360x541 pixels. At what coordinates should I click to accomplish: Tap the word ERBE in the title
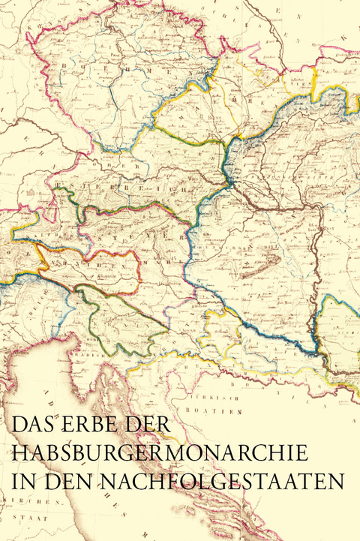85,424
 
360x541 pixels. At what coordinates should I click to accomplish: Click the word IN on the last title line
22,481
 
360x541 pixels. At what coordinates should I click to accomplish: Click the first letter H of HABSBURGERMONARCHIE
19,452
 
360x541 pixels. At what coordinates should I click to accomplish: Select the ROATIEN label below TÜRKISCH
223,412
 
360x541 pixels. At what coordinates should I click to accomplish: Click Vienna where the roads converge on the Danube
229,179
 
